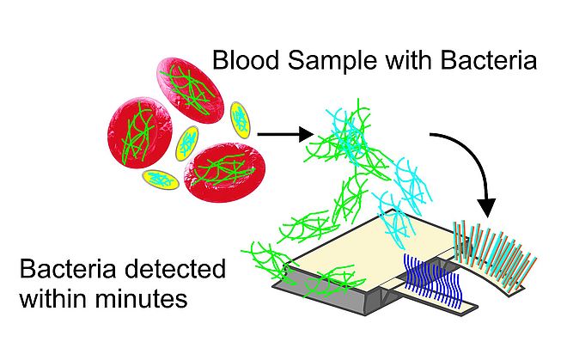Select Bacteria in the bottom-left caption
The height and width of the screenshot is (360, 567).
tap(64, 272)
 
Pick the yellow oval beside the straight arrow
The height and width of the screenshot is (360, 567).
tap(242, 119)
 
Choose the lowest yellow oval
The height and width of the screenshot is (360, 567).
tap(157, 179)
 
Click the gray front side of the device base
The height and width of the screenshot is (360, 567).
tap(318, 296)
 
